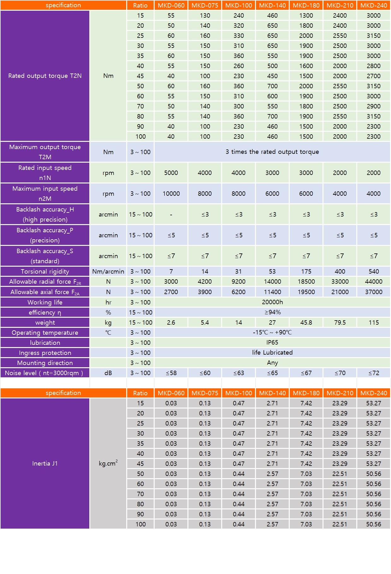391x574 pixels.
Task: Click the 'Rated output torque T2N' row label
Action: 45,76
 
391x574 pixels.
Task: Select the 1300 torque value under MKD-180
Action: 306,15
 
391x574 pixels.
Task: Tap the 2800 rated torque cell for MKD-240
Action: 373,66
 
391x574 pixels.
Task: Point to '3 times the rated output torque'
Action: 272,152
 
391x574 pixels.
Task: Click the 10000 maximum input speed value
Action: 171,194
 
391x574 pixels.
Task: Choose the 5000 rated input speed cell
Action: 171,173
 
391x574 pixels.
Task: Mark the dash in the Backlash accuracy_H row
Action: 171,214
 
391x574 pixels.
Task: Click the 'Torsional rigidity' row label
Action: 45,271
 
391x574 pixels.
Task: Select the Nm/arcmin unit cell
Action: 108,271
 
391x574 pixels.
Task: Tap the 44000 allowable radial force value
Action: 373,281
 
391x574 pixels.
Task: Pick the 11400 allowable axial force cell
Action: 272,292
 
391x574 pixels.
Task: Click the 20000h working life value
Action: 272,302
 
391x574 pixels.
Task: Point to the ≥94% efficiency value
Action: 272,312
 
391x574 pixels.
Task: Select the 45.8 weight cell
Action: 306,322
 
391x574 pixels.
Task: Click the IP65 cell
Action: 272,342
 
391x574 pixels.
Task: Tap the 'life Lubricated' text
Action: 272,352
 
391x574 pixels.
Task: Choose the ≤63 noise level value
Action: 239,373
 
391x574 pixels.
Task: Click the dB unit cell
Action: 108,373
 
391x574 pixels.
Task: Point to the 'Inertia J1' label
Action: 45,463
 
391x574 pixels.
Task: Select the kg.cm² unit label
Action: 108,463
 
